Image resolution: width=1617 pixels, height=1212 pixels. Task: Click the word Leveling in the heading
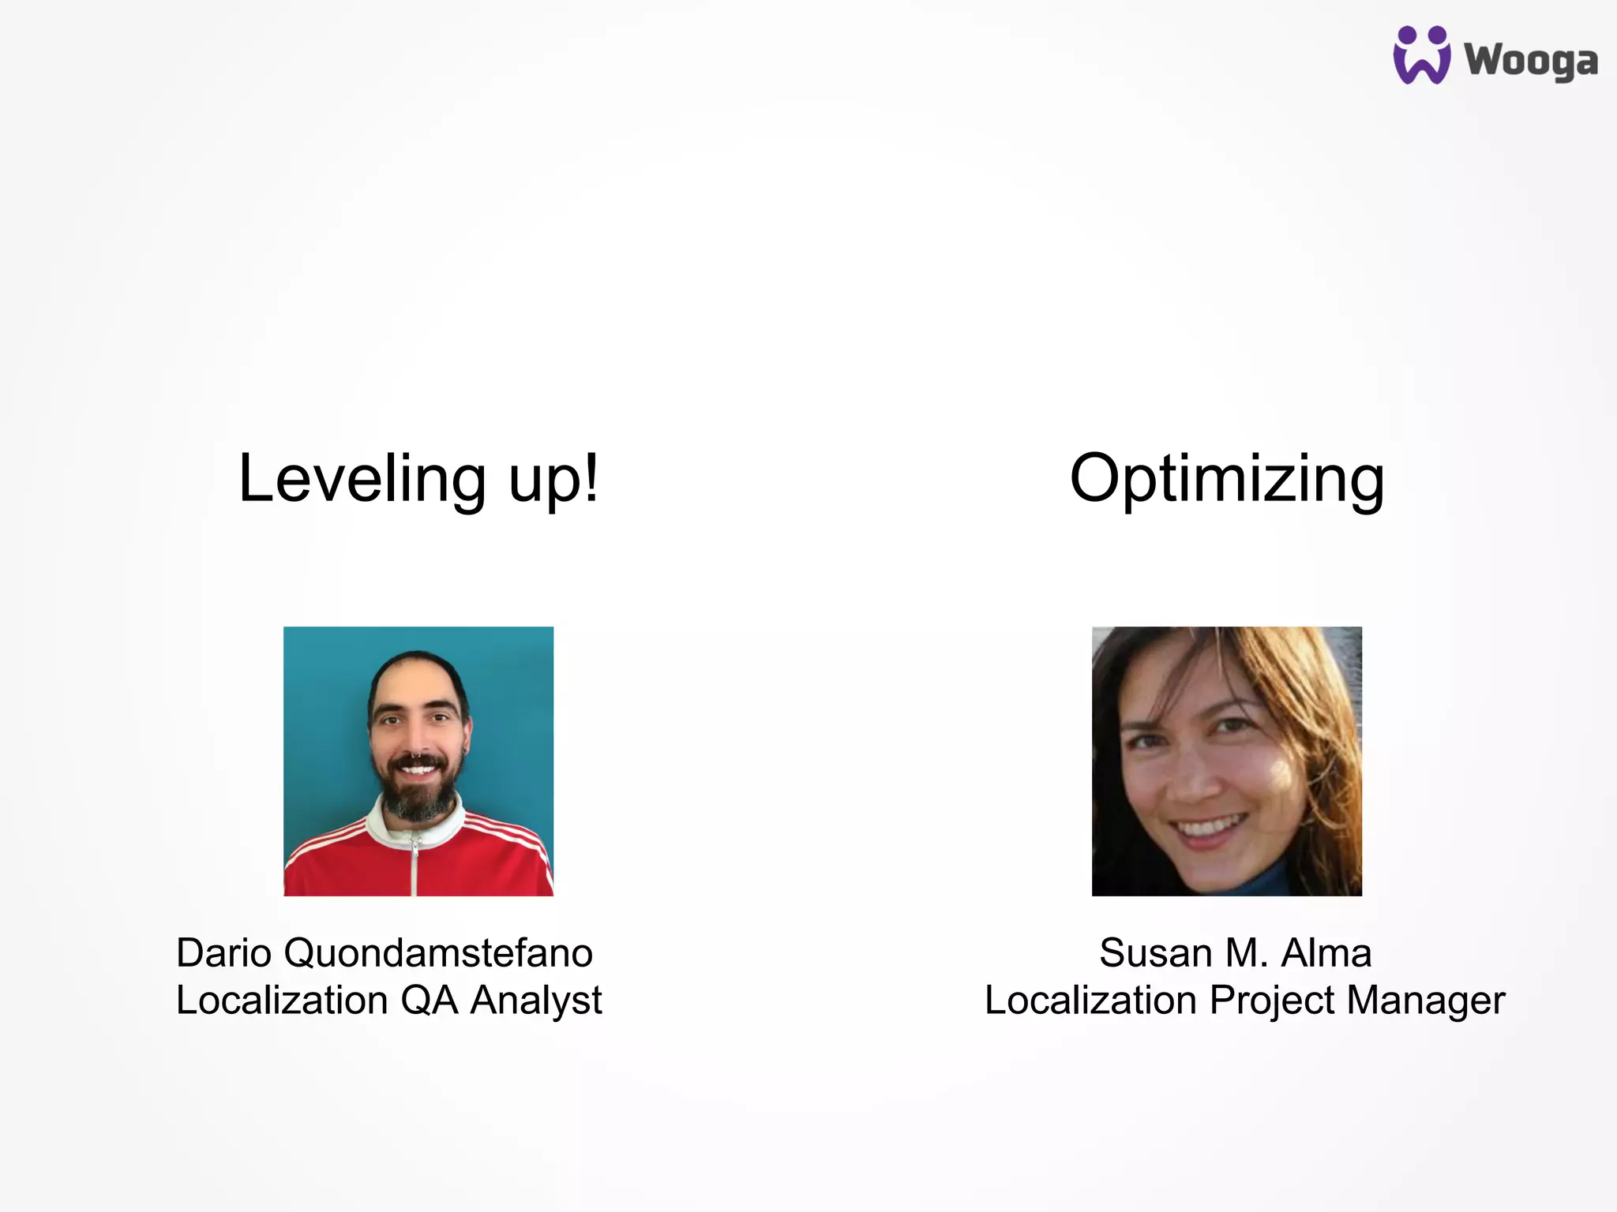(362, 478)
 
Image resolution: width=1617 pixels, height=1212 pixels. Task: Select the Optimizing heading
(1226, 480)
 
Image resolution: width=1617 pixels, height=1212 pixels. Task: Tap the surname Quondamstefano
(438, 952)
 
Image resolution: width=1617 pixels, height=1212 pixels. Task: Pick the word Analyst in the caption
(536, 1001)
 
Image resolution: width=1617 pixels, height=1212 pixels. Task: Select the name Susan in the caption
(1155, 952)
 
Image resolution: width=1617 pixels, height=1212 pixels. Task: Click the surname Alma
(1326, 952)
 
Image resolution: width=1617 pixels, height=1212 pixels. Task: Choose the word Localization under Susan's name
(1091, 1001)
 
